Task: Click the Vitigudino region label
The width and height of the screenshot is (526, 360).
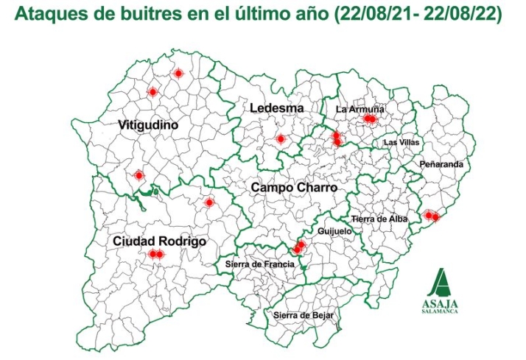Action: tap(148, 126)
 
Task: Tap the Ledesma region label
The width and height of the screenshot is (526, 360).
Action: tap(276, 108)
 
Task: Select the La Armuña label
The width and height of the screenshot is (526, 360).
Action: tap(360, 109)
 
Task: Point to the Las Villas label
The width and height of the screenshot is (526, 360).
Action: tap(401, 142)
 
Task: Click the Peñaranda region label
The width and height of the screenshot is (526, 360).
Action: tap(441, 164)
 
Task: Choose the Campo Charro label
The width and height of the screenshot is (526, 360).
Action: tap(294, 188)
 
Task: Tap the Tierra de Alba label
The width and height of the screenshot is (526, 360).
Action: tap(379, 219)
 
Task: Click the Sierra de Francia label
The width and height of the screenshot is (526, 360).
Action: tap(259, 264)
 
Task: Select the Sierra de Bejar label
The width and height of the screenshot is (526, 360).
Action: tap(304, 315)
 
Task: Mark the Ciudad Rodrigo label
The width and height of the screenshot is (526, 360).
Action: tap(158, 241)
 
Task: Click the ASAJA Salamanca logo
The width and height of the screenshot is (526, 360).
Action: tap(441, 292)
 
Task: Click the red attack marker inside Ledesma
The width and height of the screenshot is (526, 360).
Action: tap(280, 139)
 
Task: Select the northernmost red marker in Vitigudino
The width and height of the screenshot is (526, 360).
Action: tap(178, 74)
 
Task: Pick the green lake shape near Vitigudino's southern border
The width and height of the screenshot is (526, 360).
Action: tap(154, 192)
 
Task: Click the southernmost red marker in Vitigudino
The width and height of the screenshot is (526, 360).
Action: tap(138, 175)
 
